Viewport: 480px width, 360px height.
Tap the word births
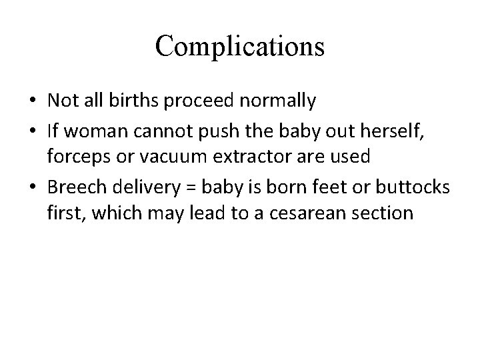(144, 101)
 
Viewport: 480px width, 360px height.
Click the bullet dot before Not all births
(33, 102)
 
